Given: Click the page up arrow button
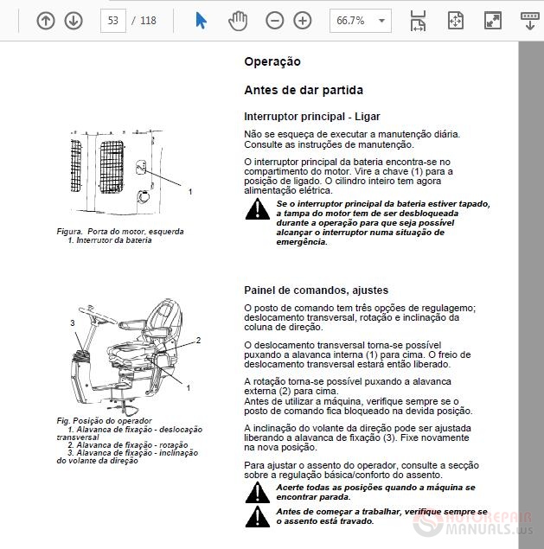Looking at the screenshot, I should tap(46, 21).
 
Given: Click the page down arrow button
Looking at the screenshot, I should tap(74, 21).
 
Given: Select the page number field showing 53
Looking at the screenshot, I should tap(113, 21).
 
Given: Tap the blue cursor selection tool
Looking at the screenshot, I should tap(202, 21).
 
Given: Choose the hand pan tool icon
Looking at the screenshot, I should tap(237, 21).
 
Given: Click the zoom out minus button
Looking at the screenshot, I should tap(274, 21).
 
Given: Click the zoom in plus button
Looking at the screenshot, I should tap(302, 21).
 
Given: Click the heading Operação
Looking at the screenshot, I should tap(272, 62).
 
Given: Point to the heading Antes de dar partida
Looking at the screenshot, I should tap(304, 90).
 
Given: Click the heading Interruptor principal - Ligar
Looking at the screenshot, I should tap(311, 117).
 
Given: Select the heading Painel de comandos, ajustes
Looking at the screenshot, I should tap(316, 290).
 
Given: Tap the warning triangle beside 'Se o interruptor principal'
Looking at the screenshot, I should tap(257, 209).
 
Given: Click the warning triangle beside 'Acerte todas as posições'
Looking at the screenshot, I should tap(257, 492).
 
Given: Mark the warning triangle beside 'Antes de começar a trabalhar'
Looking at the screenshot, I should tap(257, 516).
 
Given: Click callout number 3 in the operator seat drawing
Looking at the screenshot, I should tap(74, 322).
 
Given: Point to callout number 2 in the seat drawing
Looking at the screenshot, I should tap(198, 340).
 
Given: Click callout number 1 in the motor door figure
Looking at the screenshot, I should tap(190, 191).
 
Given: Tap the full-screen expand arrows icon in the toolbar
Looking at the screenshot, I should tap(492, 21).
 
